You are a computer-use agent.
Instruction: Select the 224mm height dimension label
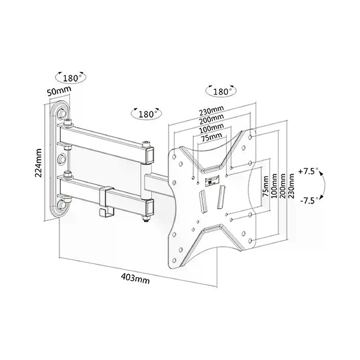(38, 162)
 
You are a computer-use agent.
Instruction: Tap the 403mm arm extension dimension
(135, 278)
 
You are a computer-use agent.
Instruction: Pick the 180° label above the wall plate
(70, 79)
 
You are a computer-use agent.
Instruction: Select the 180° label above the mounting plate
(222, 92)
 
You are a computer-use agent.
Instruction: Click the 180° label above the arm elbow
(146, 114)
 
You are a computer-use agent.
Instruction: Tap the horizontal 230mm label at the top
(211, 110)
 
